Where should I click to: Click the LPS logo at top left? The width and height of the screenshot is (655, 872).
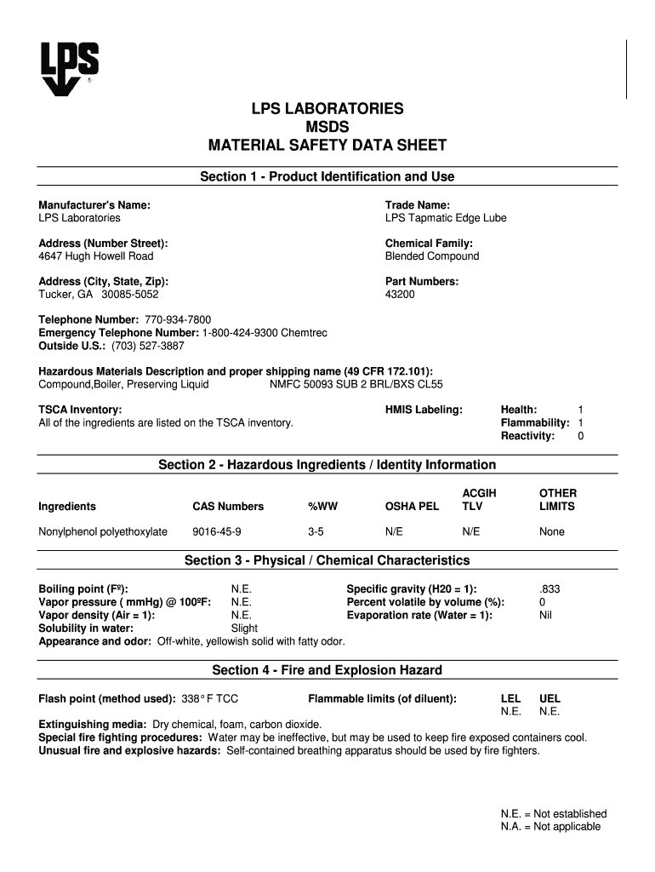tap(70, 68)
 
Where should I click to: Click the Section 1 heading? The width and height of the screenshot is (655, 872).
tap(327, 176)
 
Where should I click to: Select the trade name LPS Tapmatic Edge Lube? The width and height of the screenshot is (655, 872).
tap(445, 218)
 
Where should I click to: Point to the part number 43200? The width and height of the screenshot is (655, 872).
tap(401, 295)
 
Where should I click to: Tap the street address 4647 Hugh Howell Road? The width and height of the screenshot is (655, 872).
tap(96, 256)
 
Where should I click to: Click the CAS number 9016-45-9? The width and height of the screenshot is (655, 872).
tap(216, 531)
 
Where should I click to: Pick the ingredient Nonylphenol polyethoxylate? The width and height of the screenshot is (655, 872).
tap(103, 531)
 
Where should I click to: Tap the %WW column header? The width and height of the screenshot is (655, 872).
tap(322, 507)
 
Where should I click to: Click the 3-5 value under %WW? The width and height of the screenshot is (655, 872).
tap(316, 531)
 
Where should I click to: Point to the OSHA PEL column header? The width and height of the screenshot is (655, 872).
tap(412, 507)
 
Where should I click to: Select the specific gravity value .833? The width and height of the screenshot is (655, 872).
tap(550, 588)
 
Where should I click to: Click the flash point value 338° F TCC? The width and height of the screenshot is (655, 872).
tap(210, 698)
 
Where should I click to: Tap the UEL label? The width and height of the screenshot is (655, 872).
tap(550, 698)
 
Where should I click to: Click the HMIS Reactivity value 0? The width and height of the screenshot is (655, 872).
tap(580, 436)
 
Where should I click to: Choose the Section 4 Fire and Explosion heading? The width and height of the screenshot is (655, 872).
tap(327, 670)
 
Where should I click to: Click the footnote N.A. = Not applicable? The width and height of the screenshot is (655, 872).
tap(550, 827)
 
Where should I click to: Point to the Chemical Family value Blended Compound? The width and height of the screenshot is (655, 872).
tap(432, 256)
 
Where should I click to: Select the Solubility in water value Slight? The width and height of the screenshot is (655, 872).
tap(244, 628)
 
